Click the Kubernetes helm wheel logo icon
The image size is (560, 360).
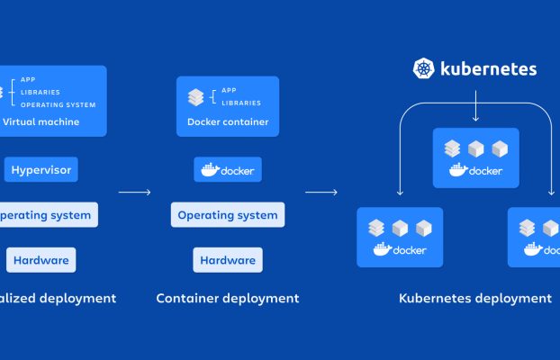coord(424,68)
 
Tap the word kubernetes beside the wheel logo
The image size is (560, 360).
coord(488,68)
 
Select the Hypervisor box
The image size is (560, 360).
coord(41,169)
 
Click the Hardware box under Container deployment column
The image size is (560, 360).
coord(228,260)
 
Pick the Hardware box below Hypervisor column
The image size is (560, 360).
coord(41,260)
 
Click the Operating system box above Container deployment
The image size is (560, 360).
coord(228,215)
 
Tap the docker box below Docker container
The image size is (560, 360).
coord(228,169)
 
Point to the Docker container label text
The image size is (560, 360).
coord(228,122)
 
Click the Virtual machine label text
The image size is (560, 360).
coord(41,122)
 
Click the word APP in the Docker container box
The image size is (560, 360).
coord(229,91)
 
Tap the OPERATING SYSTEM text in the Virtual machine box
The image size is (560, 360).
coord(58,105)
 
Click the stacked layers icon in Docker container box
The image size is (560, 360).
coord(195,97)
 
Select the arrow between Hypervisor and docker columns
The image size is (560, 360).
coord(134,192)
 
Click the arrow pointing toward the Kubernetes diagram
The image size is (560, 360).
coord(321,192)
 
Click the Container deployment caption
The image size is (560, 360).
coord(228,298)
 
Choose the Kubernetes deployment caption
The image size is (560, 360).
coord(474,298)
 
